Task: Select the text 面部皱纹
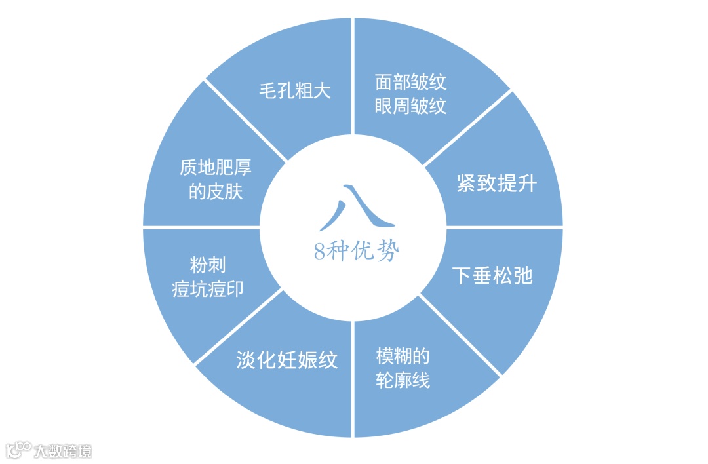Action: pyautogui.click(x=411, y=82)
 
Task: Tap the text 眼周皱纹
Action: pyautogui.click(x=411, y=106)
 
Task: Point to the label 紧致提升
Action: pyautogui.click(x=496, y=184)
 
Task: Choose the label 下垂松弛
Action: pyautogui.click(x=492, y=275)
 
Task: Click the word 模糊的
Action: pyautogui.click(x=403, y=356)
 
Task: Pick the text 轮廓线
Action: pyautogui.click(x=403, y=380)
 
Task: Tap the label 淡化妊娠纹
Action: pyautogui.click(x=287, y=360)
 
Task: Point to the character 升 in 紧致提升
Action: pyautogui.click(x=526, y=184)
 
